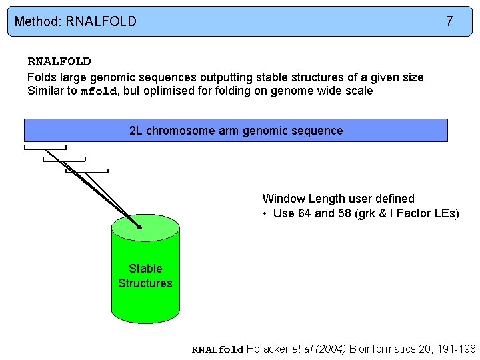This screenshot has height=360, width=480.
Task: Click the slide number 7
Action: [449, 21]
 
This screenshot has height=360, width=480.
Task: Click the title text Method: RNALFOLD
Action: [75, 21]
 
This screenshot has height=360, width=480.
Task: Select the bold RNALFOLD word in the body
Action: [59, 62]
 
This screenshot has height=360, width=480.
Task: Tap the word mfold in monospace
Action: [99, 91]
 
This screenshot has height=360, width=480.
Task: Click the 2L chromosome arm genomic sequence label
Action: [236, 131]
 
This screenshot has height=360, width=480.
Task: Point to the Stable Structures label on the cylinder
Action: [145, 276]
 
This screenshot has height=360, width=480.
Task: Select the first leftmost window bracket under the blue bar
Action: [45, 147]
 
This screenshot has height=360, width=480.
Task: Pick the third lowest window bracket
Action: [87, 171]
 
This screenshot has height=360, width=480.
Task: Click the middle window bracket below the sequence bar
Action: [65, 159]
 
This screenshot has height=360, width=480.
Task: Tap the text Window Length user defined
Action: [338, 199]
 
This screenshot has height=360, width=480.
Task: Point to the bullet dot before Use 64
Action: [265, 213]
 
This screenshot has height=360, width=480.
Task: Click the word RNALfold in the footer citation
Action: [218, 350]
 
